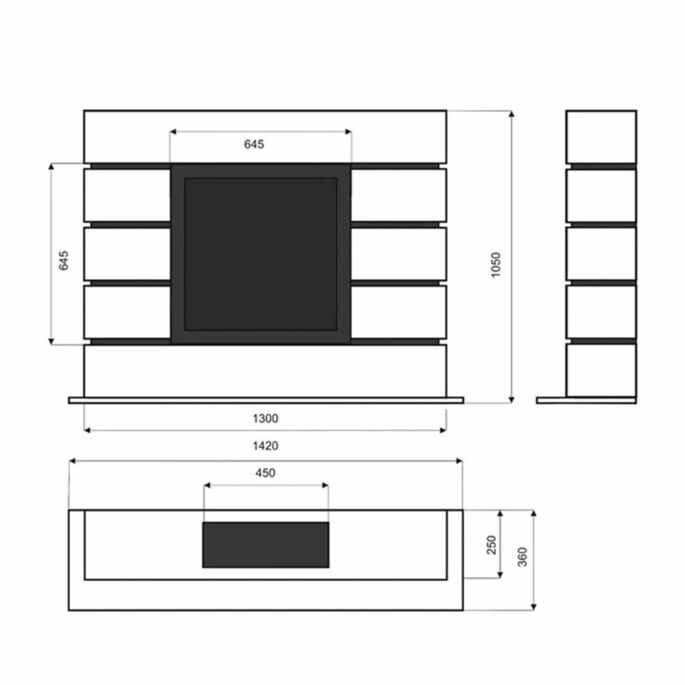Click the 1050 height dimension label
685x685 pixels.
pyautogui.click(x=495, y=265)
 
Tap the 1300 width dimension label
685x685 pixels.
pyautogui.click(x=265, y=418)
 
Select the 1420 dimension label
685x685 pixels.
pyautogui.click(x=265, y=445)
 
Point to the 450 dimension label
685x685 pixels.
pyautogui.click(x=265, y=473)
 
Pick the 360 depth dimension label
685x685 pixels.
pyautogui.click(x=522, y=557)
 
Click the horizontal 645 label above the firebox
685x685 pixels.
pyautogui.click(x=254, y=144)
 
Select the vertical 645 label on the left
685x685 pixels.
pyautogui.click(x=63, y=260)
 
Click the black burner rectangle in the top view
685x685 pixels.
pyautogui.click(x=265, y=544)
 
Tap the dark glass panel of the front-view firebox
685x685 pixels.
pyautogui.click(x=260, y=254)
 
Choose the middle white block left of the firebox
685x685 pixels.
pyautogui.click(x=127, y=254)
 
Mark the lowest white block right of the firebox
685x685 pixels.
pyautogui.click(x=398, y=312)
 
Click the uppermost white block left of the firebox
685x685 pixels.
pyautogui.click(x=127, y=195)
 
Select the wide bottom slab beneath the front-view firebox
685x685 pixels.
pyautogui.click(x=265, y=370)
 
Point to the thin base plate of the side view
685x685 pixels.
pyautogui.click(x=586, y=400)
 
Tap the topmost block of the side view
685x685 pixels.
pyautogui.click(x=601, y=137)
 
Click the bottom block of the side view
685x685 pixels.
pyautogui.click(x=601, y=369)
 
